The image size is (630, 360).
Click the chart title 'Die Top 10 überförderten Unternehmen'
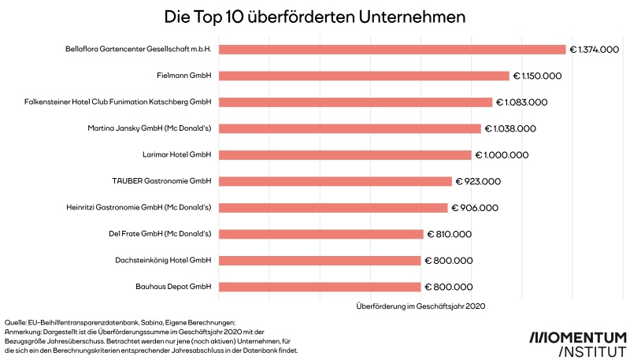click(314, 16)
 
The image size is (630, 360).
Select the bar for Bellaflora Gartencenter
click(392, 50)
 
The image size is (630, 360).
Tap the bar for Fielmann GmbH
click(364, 76)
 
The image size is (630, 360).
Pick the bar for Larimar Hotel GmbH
click(345, 155)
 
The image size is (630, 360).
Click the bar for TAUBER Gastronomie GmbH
click(335, 181)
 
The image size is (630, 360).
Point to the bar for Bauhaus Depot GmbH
click(320, 287)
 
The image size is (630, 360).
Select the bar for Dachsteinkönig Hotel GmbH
click(320, 260)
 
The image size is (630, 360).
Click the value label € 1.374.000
click(594, 50)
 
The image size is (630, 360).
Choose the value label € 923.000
click(477, 181)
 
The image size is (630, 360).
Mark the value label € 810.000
click(449, 234)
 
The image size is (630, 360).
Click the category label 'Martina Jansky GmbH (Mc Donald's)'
click(150, 128)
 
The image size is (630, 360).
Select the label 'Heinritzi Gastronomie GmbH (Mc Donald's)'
click(139, 208)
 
